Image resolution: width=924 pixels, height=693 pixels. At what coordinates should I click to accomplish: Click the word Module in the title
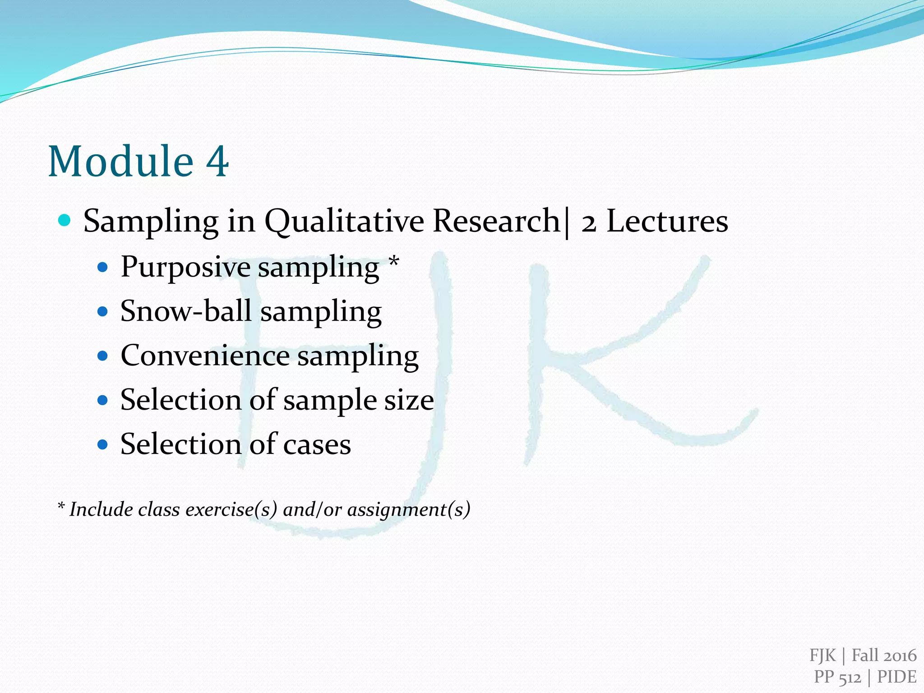coord(121,161)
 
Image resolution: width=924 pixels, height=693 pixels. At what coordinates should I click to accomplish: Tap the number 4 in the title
coord(217,161)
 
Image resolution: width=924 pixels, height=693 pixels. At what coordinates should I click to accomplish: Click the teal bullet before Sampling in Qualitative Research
coord(65,221)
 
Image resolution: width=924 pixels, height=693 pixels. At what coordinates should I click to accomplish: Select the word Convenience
coord(205,356)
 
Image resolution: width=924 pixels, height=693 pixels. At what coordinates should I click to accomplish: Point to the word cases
coord(317,444)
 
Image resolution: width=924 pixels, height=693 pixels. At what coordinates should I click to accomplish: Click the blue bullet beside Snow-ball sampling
coord(103,311)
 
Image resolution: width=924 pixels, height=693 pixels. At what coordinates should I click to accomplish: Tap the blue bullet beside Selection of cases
coord(103,444)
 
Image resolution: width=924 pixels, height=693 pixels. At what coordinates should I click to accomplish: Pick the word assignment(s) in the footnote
coord(409,509)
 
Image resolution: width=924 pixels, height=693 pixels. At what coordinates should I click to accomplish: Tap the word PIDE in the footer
coord(896,677)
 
